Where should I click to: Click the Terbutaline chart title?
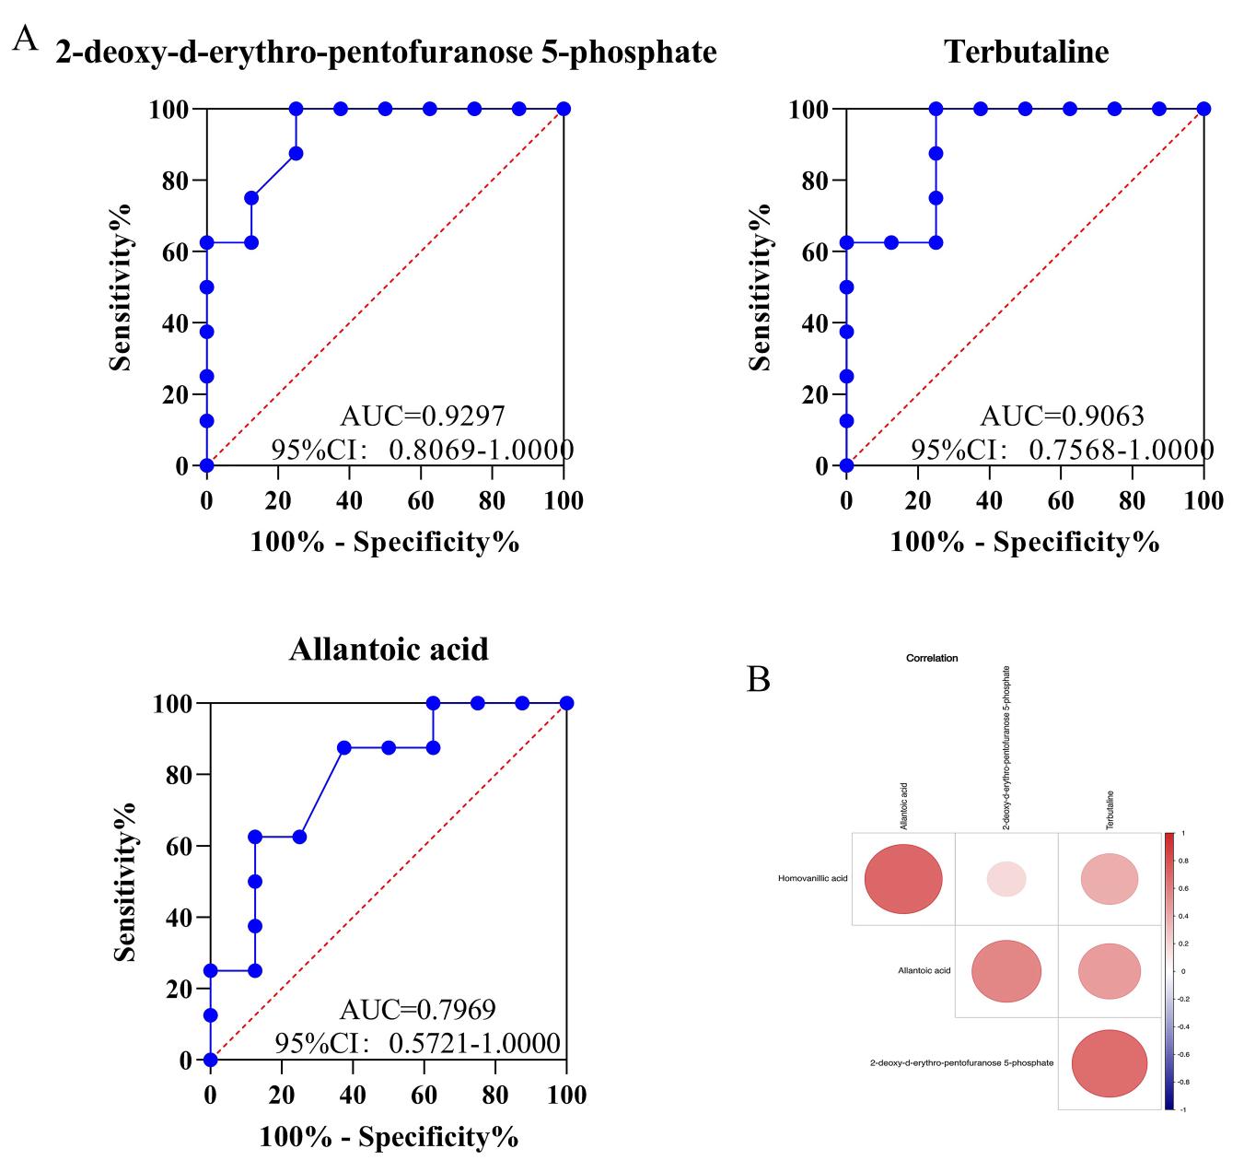(1026, 52)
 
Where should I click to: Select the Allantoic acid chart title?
(389, 649)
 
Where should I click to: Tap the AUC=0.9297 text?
(423, 416)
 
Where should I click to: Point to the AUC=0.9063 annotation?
(1062, 416)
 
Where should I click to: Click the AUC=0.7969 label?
(417, 1010)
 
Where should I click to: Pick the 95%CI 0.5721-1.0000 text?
(417, 1043)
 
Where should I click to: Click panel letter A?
(25, 39)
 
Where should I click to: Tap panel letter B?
(758, 680)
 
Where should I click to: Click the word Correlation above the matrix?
(932, 659)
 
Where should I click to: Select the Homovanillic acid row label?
(812, 879)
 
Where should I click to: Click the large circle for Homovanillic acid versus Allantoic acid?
(903, 879)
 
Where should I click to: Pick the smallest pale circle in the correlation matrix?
(1006, 879)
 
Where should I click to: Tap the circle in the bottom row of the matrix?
(1110, 1064)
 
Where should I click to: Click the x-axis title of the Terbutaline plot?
(1024, 542)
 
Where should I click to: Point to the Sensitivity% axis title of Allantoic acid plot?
(124, 882)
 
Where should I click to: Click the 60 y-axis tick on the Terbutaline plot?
(813, 252)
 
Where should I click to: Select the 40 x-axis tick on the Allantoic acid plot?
(353, 1095)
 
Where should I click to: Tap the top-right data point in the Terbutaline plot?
(1203, 109)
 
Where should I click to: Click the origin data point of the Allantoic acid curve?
(211, 1060)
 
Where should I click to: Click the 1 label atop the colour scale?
(1183, 833)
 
